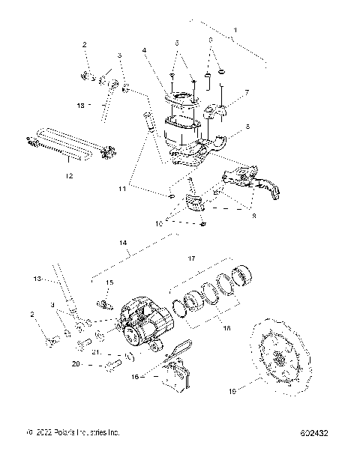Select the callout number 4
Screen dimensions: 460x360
point(143,52)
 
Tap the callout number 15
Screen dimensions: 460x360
point(109,282)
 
